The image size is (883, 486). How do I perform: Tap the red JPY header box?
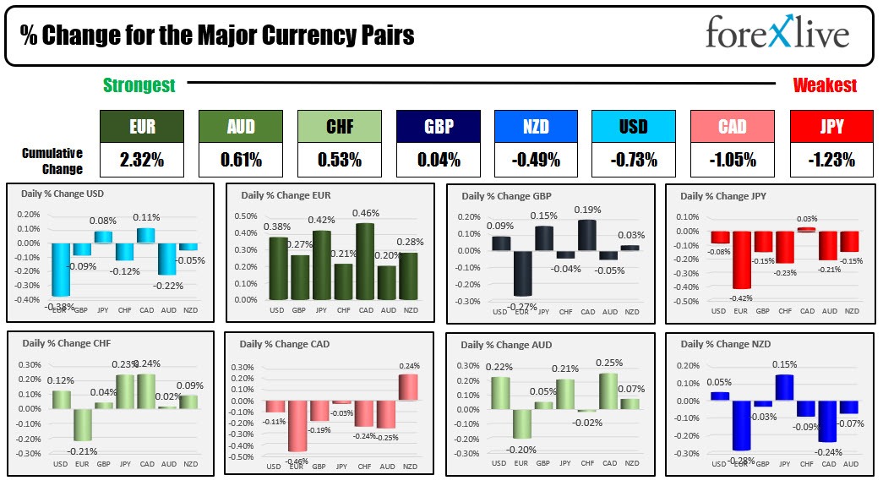(831, 126)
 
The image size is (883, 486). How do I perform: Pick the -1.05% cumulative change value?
(732, 159)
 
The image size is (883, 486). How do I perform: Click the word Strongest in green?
(139, 85)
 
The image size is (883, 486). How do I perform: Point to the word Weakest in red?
(824, 85)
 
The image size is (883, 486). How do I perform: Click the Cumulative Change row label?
(52, 161)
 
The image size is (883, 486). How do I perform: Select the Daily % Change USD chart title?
(62, 194)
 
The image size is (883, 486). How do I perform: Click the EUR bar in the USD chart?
(60, 269)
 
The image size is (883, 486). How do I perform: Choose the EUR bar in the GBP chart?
(522, 272)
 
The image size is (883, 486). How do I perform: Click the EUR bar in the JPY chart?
(741, 259)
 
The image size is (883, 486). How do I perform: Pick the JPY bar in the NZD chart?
(785, 386)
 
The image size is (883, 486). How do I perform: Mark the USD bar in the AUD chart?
(499, 393)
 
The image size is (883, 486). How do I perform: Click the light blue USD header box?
(633, 126)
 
